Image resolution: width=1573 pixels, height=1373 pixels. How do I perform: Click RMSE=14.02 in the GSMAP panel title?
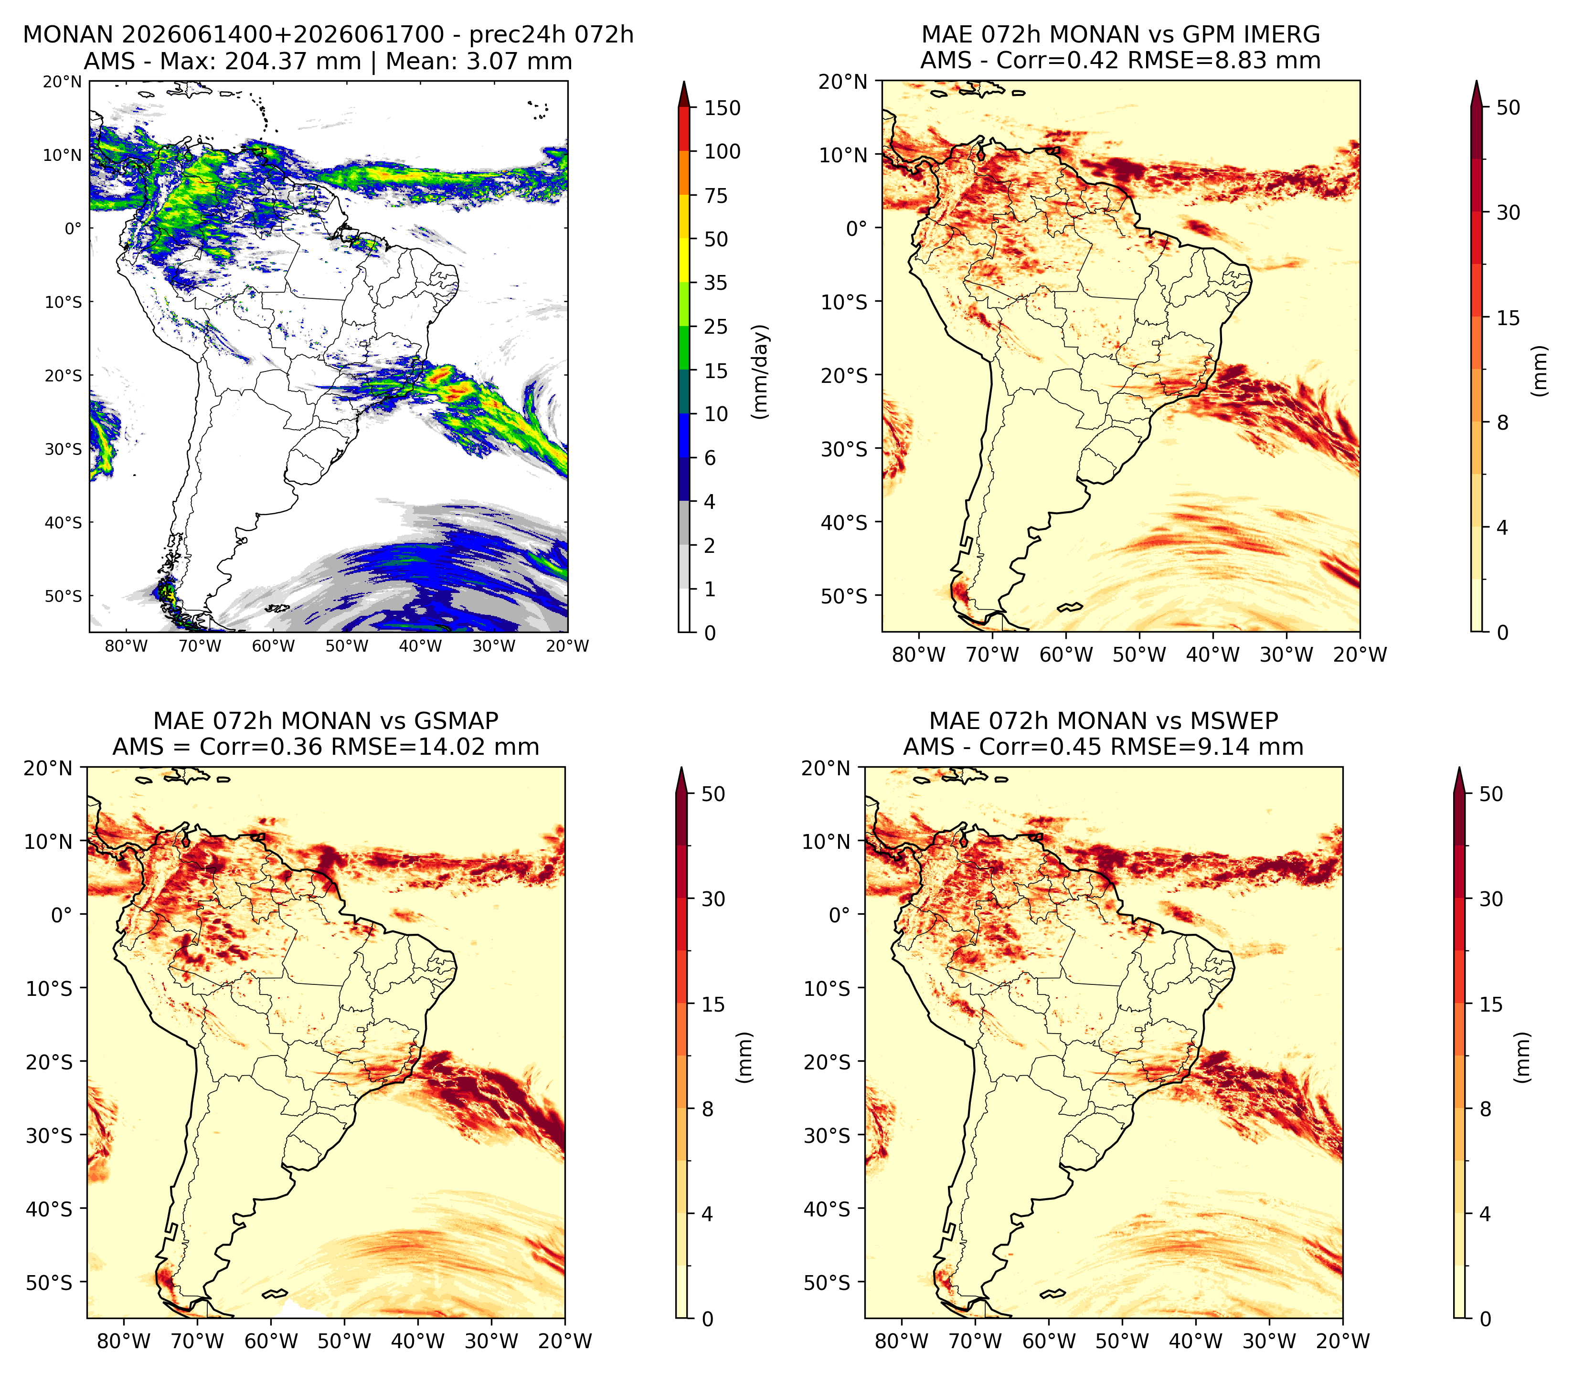click(410, 746)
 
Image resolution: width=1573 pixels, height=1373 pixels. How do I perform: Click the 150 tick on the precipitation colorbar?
click(722, 108)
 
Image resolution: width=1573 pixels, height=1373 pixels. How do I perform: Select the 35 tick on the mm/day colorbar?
click(716, 283)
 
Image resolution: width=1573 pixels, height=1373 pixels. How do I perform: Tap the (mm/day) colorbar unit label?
click(760, 371)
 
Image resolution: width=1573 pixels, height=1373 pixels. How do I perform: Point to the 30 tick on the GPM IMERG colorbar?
click(1508, 212)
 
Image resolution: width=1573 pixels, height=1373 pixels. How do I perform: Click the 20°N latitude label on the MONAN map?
click(62, 81)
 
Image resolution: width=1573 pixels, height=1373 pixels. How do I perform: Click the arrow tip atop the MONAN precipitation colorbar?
click(684, 81)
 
